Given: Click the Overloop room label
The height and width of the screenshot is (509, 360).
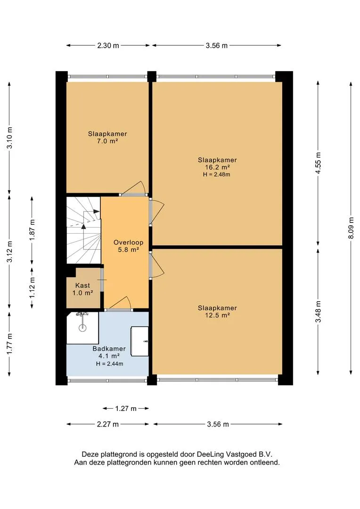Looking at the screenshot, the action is click(128, 242).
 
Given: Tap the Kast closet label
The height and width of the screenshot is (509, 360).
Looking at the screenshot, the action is click(82, 285).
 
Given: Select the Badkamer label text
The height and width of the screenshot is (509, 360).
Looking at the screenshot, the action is click(109, 349).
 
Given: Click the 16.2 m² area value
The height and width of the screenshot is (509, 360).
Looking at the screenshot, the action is click(217, 167).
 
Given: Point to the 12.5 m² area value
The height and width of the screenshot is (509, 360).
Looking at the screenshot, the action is click(217, 315).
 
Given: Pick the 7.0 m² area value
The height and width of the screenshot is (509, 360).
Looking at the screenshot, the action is click(107, 141).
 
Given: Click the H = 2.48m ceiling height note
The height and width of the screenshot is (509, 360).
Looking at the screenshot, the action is click(217, 174).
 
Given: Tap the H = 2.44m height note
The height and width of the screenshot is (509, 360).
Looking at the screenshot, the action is click(109, 364).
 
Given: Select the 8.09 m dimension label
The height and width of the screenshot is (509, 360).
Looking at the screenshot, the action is click(351, 228).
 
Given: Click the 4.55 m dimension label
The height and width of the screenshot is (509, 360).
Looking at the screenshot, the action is click(318, 163).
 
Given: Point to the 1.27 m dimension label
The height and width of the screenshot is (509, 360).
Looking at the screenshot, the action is click(126, 408).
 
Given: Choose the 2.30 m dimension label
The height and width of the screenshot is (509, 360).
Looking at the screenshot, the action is click(108, 45).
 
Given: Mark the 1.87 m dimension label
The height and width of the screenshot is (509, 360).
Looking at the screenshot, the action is click(32, 230).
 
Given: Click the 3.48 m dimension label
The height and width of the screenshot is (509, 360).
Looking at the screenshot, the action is click(318, 312).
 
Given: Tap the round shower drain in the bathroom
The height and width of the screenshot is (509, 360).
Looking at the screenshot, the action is click(82, 328).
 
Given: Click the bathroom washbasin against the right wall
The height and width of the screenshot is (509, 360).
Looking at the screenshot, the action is click(139, 341).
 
